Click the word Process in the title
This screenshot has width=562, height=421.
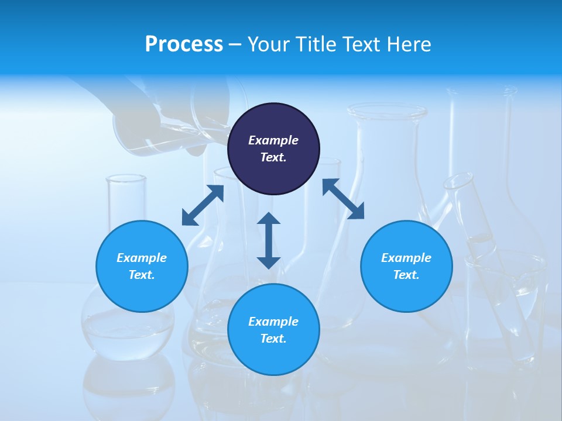[x=184, y=44]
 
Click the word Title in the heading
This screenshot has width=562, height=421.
[x=315, y=44]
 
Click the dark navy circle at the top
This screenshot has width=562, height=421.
[x=273, y=149]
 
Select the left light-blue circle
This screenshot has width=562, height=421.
[x=142, y=266]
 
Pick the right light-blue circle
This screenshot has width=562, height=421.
[x=406, y=266]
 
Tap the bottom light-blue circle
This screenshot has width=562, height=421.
[x=273, y=330]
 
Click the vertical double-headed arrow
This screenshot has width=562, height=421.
[x=269, y=240]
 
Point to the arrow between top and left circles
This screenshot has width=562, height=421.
[x=203, y=205]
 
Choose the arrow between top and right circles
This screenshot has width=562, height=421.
[x=343, y=199]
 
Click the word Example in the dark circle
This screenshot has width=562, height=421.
[x=273, y=140]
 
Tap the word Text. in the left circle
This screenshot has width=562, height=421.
[x=142, y=275]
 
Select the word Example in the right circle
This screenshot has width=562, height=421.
[x=406, y=258]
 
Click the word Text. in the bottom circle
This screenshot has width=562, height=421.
[x=273, y=339]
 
